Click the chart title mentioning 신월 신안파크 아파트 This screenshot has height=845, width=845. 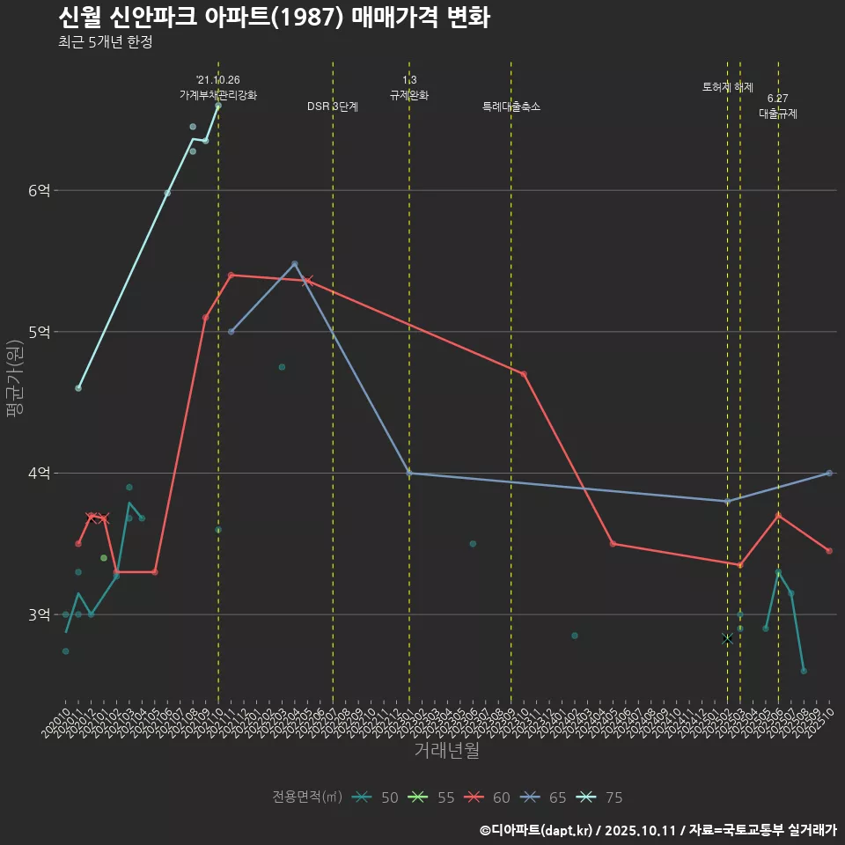point(274,17)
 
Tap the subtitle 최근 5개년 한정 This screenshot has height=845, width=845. point(106,42)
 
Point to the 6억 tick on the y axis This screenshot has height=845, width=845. point(39,191)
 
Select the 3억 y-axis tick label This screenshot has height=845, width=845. point(39,614)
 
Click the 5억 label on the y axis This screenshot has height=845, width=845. point(39,332)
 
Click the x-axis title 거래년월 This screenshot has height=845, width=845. point(447,751)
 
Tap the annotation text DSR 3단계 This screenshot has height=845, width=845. point(333,107)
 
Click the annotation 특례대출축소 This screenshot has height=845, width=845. point(511,107)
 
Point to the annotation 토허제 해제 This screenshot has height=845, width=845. point(728,87)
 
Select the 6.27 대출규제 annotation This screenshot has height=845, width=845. point(778,107)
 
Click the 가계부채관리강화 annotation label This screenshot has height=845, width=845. point(218,94)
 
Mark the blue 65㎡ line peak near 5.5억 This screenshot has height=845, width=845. point(295,264)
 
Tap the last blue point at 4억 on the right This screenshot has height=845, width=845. point(829,473)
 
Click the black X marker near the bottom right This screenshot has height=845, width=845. point(727,639)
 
